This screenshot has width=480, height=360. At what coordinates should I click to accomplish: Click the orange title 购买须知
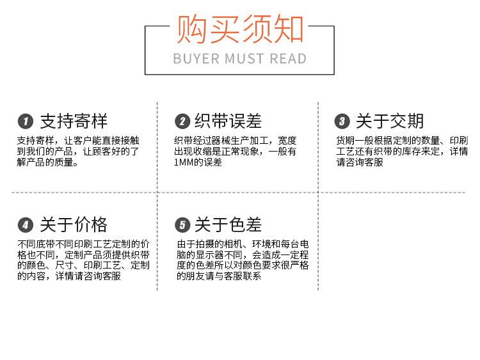pyautogui.click(x=239, y=29)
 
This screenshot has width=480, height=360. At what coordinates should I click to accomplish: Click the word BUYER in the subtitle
pyautogui.click(x=196, y=59)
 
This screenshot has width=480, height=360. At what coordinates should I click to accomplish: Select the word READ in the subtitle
pyautogui.click(x=288, y=59)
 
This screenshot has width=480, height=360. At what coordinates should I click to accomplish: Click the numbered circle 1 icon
pyautogui.click(x=25, y=121)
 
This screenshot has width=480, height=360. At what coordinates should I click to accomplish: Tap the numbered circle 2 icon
pyautogui.click(x=183, y=121)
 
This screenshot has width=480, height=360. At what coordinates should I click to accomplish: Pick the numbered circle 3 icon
pyautogui.click(x=342, y=121)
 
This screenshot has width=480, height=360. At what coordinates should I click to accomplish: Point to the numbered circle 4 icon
pyautogui.click(x=25, y=224)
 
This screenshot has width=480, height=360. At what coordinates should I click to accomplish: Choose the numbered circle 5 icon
pyautogui.click(x=183, y=224)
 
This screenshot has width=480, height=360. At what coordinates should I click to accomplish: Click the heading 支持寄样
pyautogui.click(x=74, y=121)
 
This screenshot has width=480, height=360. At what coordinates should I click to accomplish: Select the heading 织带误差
pyautogui.click(x=228, y=121)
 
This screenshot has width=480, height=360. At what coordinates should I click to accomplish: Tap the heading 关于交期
pyautogui.click(x=390, y=121)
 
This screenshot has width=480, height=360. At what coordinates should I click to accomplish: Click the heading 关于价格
pyautogui.click(x=74, y=224)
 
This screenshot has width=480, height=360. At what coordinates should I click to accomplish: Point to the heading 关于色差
pyautogui.click(x=228, y=224)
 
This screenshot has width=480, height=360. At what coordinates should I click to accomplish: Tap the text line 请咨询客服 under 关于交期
pyautogui.click(x=359, y=162)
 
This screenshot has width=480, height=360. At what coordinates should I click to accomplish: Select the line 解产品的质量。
pyautogui.click(x=48, y=162)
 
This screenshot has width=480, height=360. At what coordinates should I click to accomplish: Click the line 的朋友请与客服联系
pyautogui.click(x=219, y=276)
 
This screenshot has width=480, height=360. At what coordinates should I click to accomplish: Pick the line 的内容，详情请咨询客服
pyautogui.click(x=69, y=276)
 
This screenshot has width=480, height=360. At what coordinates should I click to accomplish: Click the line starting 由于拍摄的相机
pyautogui.click(x=243, y=244)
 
